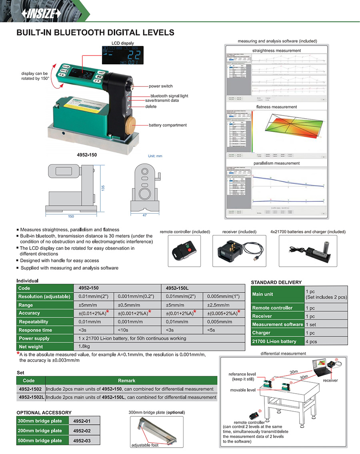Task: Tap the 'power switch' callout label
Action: point(161,86)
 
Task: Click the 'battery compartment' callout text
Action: point(168,125)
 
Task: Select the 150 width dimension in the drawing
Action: point(71,216)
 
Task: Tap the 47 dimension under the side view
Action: point(144,215)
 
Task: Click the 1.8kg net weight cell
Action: point(84,346)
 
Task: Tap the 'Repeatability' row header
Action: point(34,322)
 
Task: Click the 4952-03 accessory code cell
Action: point(82,440)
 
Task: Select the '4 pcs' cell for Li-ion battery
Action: point(311,341)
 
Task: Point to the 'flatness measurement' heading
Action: point(276,107)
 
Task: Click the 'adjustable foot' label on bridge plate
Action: point(145,445)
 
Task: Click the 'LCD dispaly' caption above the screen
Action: point(123,43)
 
